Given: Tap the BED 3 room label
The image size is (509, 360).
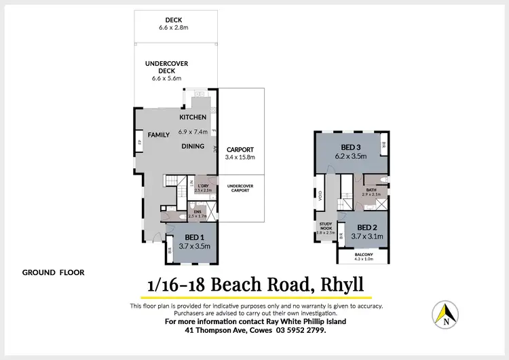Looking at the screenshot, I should (351, 147).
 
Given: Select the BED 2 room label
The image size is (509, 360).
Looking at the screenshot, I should (366, 227).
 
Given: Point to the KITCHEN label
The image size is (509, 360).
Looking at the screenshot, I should (193, 118).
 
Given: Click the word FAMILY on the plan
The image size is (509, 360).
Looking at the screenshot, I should (159, 134).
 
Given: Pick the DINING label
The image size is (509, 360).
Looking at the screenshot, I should (193, 146).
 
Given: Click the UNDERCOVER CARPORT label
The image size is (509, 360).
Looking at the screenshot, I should (240, 187).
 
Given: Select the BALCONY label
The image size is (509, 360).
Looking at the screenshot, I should (364, 254).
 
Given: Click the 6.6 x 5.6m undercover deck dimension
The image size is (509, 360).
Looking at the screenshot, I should (166, 79).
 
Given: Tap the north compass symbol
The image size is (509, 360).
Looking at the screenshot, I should (445, 314).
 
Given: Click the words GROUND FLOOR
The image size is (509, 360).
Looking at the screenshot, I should (53, 272).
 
